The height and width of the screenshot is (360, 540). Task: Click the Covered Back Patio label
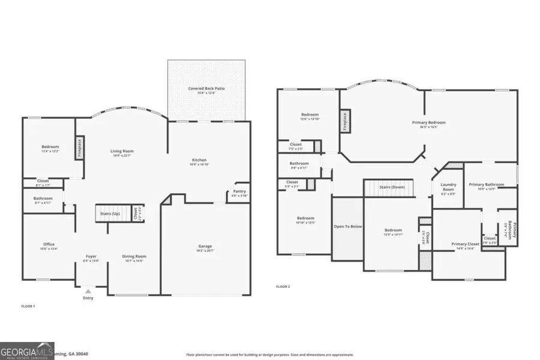pyautogui.click(x=206, y=89)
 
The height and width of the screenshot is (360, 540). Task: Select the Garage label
pyautogui.click(x=205, y=246)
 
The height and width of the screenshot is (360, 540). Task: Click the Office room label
pyautogui.click(x=49, y=244)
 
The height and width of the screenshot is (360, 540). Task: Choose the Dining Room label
pyautogui.click(x=135, y=257)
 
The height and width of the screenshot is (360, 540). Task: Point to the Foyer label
pyautogui.click(x=91, y=257)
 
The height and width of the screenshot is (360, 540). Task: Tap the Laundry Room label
pyautogui.click(x=448, y=187)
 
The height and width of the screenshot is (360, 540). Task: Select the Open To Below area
pyautogui.click(x=347, y=227)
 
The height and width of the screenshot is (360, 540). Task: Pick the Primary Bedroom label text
pyautogui.click(x=428, y=123)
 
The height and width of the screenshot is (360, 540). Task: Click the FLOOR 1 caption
pyautogui.click(x=28, y=307)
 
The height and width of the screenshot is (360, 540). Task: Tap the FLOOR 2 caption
pyautogui.click(x=283, y=287)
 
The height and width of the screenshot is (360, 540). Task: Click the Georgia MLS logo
pyautogui.click(x=28, y=350)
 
